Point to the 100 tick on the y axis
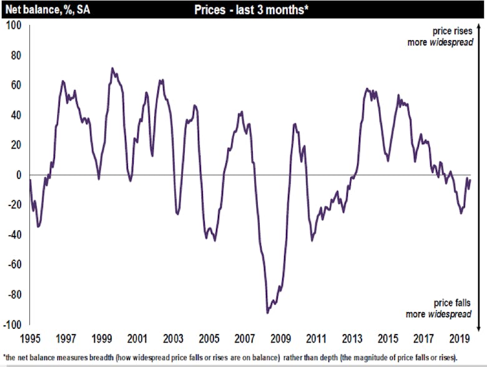[x=14, y=25]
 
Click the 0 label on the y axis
[x=19, y=175]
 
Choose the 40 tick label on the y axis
[x=16, y=115]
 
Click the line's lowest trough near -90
[x=268, y=312]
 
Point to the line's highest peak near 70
[x=112, y=68]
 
